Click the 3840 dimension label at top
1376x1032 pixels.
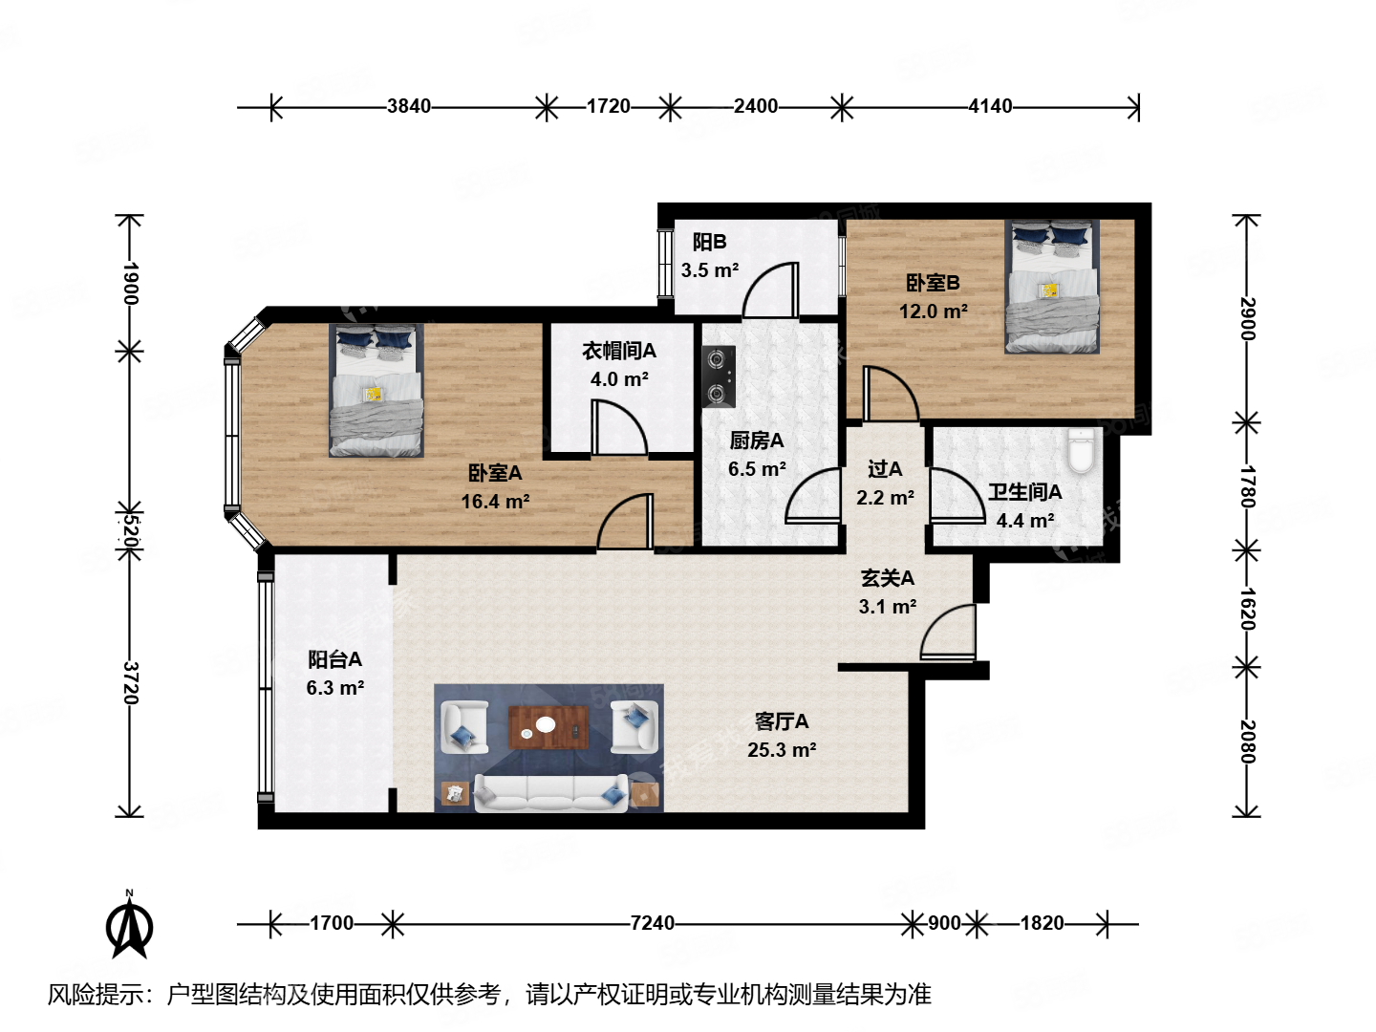coord(409,106)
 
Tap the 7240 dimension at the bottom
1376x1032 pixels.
coord(652,923)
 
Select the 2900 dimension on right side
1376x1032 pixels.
coord(1247,318)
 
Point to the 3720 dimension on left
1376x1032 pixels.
coord(131,682)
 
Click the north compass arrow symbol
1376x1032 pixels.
coord(129,925)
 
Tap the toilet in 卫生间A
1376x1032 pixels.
coord(1080,451)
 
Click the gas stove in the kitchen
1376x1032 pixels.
coord(719,376)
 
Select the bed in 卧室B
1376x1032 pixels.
coord(1051,287)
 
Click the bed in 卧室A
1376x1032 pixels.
coord(376,390)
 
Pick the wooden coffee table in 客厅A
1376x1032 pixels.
coord(546,726)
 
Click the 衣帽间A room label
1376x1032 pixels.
coord(619,351)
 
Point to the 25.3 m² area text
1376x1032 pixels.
coord(782,750)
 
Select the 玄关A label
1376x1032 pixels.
coord(887,577)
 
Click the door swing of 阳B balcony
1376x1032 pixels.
coord(770,290)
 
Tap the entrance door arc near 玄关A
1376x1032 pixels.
coord(948,632)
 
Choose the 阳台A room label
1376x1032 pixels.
coord(334,659)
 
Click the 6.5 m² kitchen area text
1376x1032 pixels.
coord(757,469)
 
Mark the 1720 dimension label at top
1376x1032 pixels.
coord(608,106)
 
